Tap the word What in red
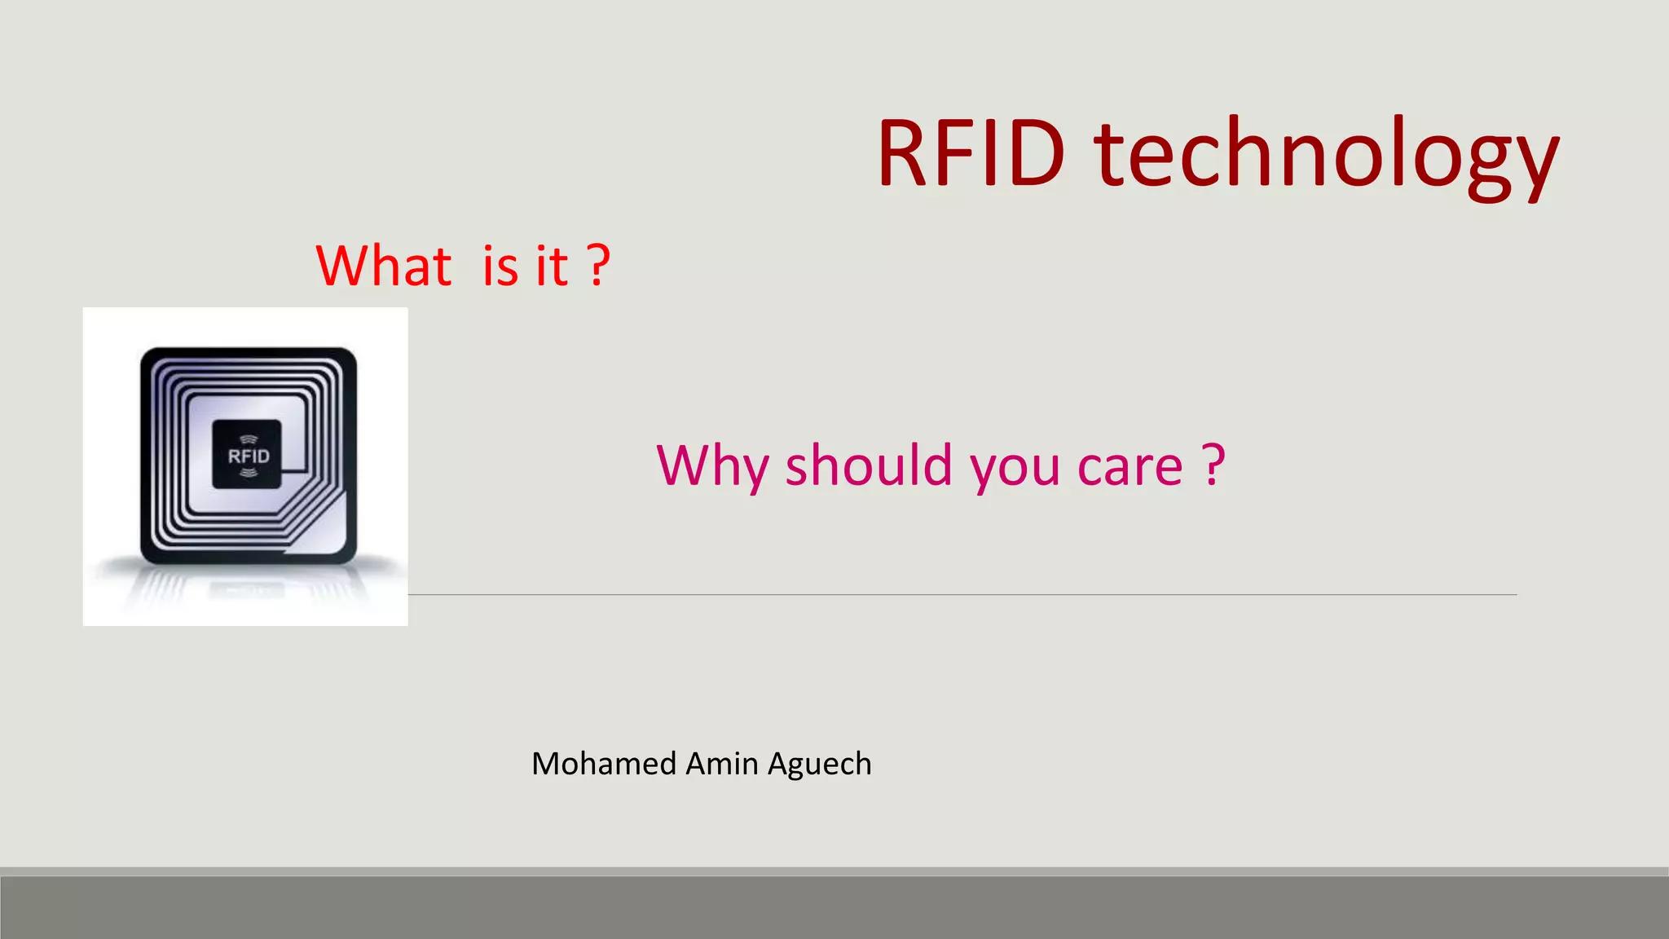(383, 267)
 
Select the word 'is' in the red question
(500, 267)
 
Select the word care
(1130, 466)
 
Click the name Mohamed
(604, 764)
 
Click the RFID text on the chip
(249, 456)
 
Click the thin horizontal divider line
(962, 595)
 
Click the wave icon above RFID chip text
(249, 439)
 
